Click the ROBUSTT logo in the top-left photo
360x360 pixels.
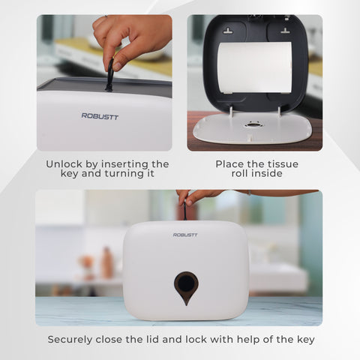coord(100,116)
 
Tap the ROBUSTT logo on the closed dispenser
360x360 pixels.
coord(185,235)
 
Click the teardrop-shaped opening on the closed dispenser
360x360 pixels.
coord(186,286)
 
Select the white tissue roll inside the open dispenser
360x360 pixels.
coord(254,67)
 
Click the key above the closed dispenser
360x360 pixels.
coord(184,210)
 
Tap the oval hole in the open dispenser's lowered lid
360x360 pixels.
coord(253,124)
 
